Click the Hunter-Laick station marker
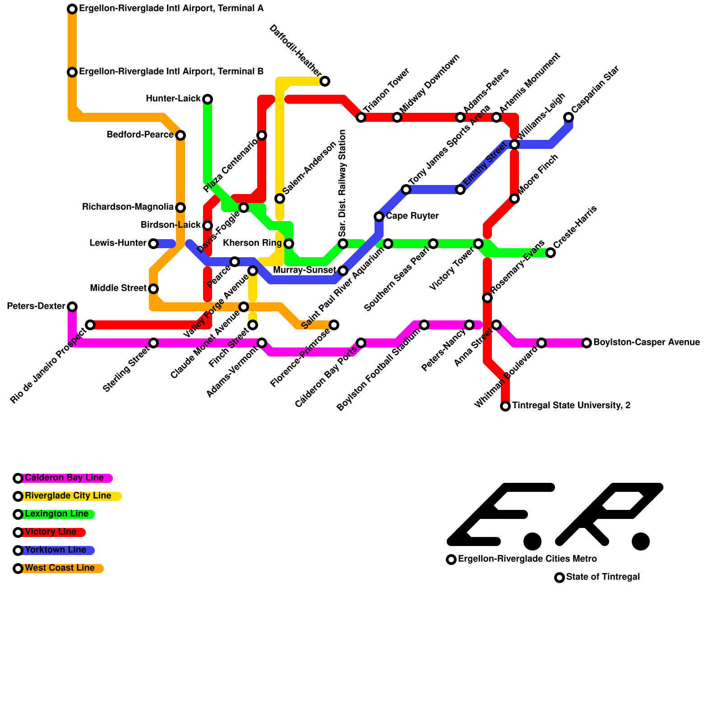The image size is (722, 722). (208, 99)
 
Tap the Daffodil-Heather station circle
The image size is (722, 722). (325, 81)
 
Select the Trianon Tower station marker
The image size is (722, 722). (361, 117)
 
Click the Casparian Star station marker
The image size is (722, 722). (569, 117)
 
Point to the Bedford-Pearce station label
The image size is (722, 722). (140, 135)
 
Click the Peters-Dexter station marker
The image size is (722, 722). (72, 307)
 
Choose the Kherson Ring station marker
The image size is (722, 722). (289, 244)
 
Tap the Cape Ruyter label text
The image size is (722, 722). (412, 216)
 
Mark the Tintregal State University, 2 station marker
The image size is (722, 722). (505, 406)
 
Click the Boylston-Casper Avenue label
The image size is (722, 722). (646, 342)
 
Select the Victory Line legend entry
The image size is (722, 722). (51, 532)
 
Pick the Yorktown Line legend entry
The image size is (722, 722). (55, 550)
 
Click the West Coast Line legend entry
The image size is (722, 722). (60, 568)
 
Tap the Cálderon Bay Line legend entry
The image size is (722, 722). (64, 478)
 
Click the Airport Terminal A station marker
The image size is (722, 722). (72, 9)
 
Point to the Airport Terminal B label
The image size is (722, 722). (171, 72)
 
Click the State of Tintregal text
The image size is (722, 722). (602, 577)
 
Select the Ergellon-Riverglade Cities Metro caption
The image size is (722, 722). (527, 559)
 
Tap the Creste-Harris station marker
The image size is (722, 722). (551, 253)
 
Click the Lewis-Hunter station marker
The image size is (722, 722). (153, 244)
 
